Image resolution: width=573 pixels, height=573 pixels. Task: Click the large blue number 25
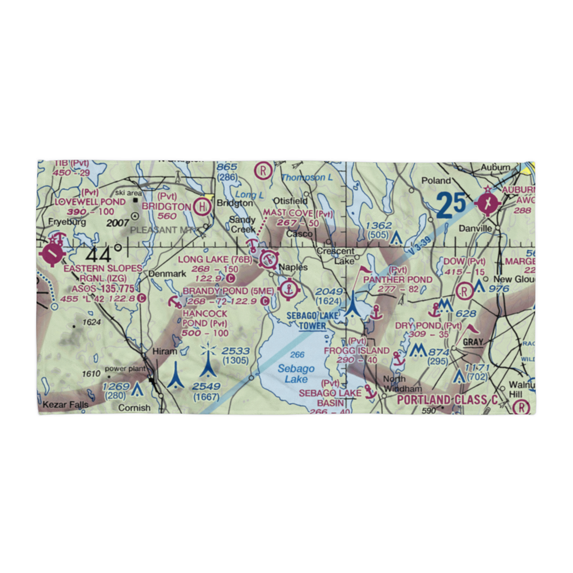451,205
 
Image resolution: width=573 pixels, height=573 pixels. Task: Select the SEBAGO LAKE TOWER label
312,321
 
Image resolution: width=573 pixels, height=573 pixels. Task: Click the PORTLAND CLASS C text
446,399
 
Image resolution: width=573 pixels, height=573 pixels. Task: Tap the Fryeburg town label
67,222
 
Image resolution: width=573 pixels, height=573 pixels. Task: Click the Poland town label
436,180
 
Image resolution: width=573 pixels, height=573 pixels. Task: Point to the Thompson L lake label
307,178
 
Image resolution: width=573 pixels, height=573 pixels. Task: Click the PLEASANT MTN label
162,229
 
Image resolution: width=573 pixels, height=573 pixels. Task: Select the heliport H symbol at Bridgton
202,206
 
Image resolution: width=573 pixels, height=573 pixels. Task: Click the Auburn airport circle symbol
488,203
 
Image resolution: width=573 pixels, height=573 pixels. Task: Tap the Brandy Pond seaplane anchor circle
289,291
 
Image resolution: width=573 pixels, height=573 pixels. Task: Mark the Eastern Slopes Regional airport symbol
52,252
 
